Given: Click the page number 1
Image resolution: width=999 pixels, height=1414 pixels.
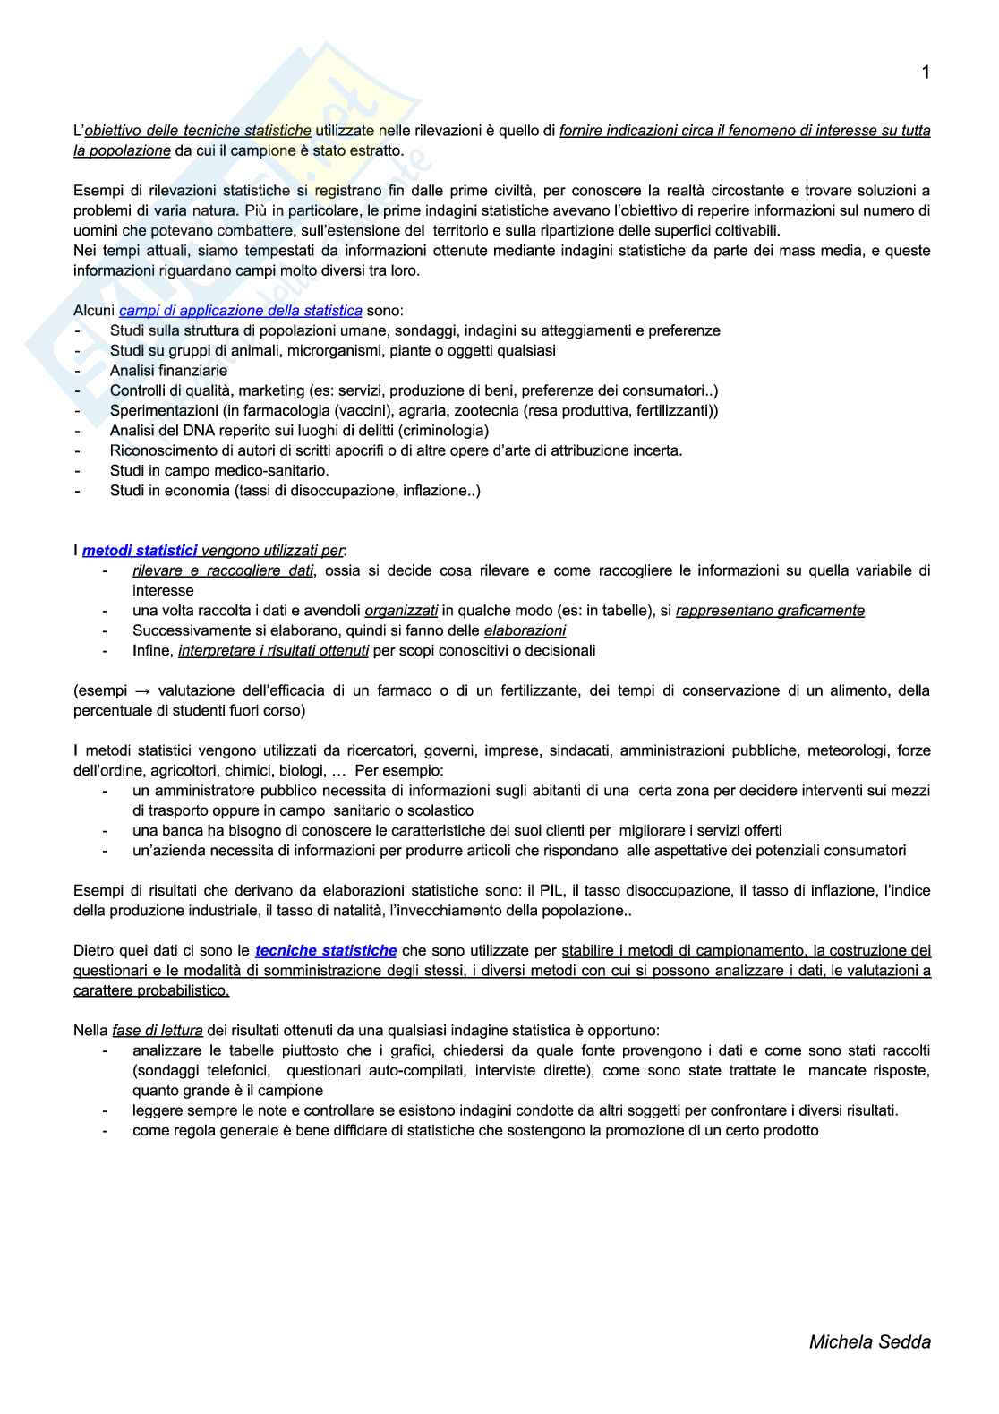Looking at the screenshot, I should (x=926, y=73).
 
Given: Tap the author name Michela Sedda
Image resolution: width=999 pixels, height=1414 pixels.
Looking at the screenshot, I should (x=869, y=1341).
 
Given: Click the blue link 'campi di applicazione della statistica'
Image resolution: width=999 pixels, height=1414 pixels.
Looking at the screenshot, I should (x=241, y=311).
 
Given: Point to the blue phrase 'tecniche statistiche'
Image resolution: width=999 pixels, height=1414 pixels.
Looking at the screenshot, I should (x=326, y=950).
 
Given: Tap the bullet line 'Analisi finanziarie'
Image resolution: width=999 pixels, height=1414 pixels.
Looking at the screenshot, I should (x=168, y=371).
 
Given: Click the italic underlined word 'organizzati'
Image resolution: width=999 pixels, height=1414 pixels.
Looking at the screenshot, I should (x=401, y=611).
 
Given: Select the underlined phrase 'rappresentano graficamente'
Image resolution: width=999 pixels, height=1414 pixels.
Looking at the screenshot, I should (x=770, y=611).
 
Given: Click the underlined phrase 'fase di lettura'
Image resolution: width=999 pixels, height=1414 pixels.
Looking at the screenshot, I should (x=158, y=1031).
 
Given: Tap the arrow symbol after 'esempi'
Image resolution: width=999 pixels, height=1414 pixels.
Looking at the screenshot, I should (x=142, y=690).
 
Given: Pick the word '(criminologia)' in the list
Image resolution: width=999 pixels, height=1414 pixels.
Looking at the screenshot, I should (x=444, y=431).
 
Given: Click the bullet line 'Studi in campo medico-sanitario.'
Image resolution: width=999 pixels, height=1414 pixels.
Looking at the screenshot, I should (x=219, y=470).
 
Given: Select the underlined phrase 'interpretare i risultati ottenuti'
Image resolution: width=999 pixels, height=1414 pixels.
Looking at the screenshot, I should (x=273, y=651).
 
